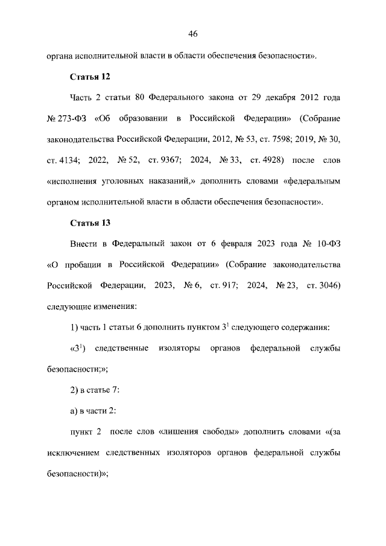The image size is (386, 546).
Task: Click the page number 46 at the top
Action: click(x=193, y=33)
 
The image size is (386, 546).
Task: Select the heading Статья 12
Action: click(x=90, y=78)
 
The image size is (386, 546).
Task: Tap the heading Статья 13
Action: click(x=90, y=223)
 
